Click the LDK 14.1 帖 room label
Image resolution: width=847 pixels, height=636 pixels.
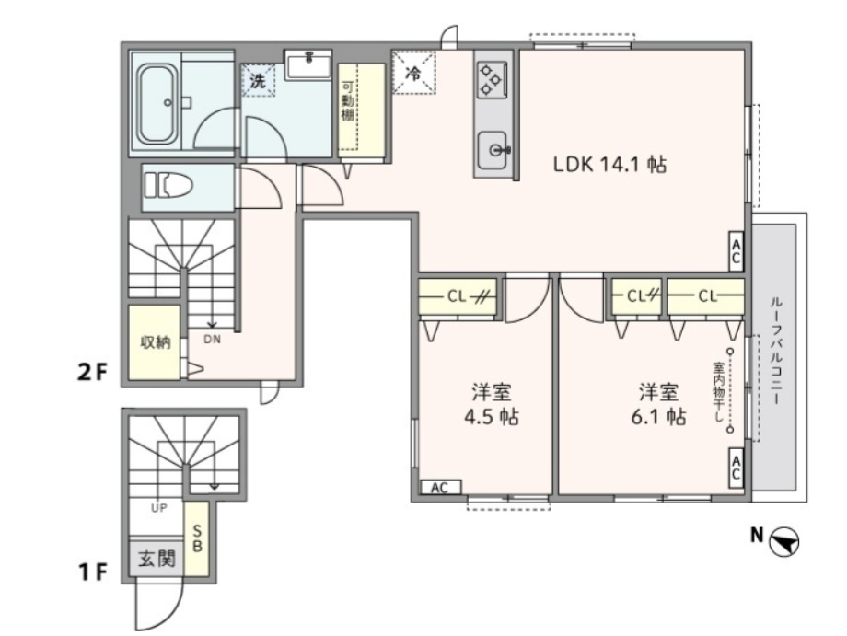click(609, 164)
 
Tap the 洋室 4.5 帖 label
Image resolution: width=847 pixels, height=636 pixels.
click(492, 404)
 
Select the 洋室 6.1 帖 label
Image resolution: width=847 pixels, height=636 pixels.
click(659, 404)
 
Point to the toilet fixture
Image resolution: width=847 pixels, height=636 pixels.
click(168, 186)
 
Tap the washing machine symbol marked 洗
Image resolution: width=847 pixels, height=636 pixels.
click(258, 81)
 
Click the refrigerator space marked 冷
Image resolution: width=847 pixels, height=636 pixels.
click(413, 73)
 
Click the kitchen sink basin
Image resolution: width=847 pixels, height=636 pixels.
click(493, 150)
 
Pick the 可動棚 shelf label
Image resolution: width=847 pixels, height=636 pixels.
click(347, 101)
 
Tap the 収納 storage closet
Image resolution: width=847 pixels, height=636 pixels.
click(155, 342)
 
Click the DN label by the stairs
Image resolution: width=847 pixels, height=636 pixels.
click(213, 341)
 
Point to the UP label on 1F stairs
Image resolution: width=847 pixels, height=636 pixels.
click(159, 507)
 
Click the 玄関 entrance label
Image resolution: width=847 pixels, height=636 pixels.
click(157, 559)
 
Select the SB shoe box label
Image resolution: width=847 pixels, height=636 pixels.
click(197, 538)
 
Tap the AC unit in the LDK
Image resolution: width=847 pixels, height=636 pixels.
click(736, 251)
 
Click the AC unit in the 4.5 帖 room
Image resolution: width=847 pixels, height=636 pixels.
click(441, 488)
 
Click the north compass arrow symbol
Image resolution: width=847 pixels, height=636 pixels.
click(784, 541)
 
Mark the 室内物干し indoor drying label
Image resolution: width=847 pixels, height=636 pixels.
click(718, 392)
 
